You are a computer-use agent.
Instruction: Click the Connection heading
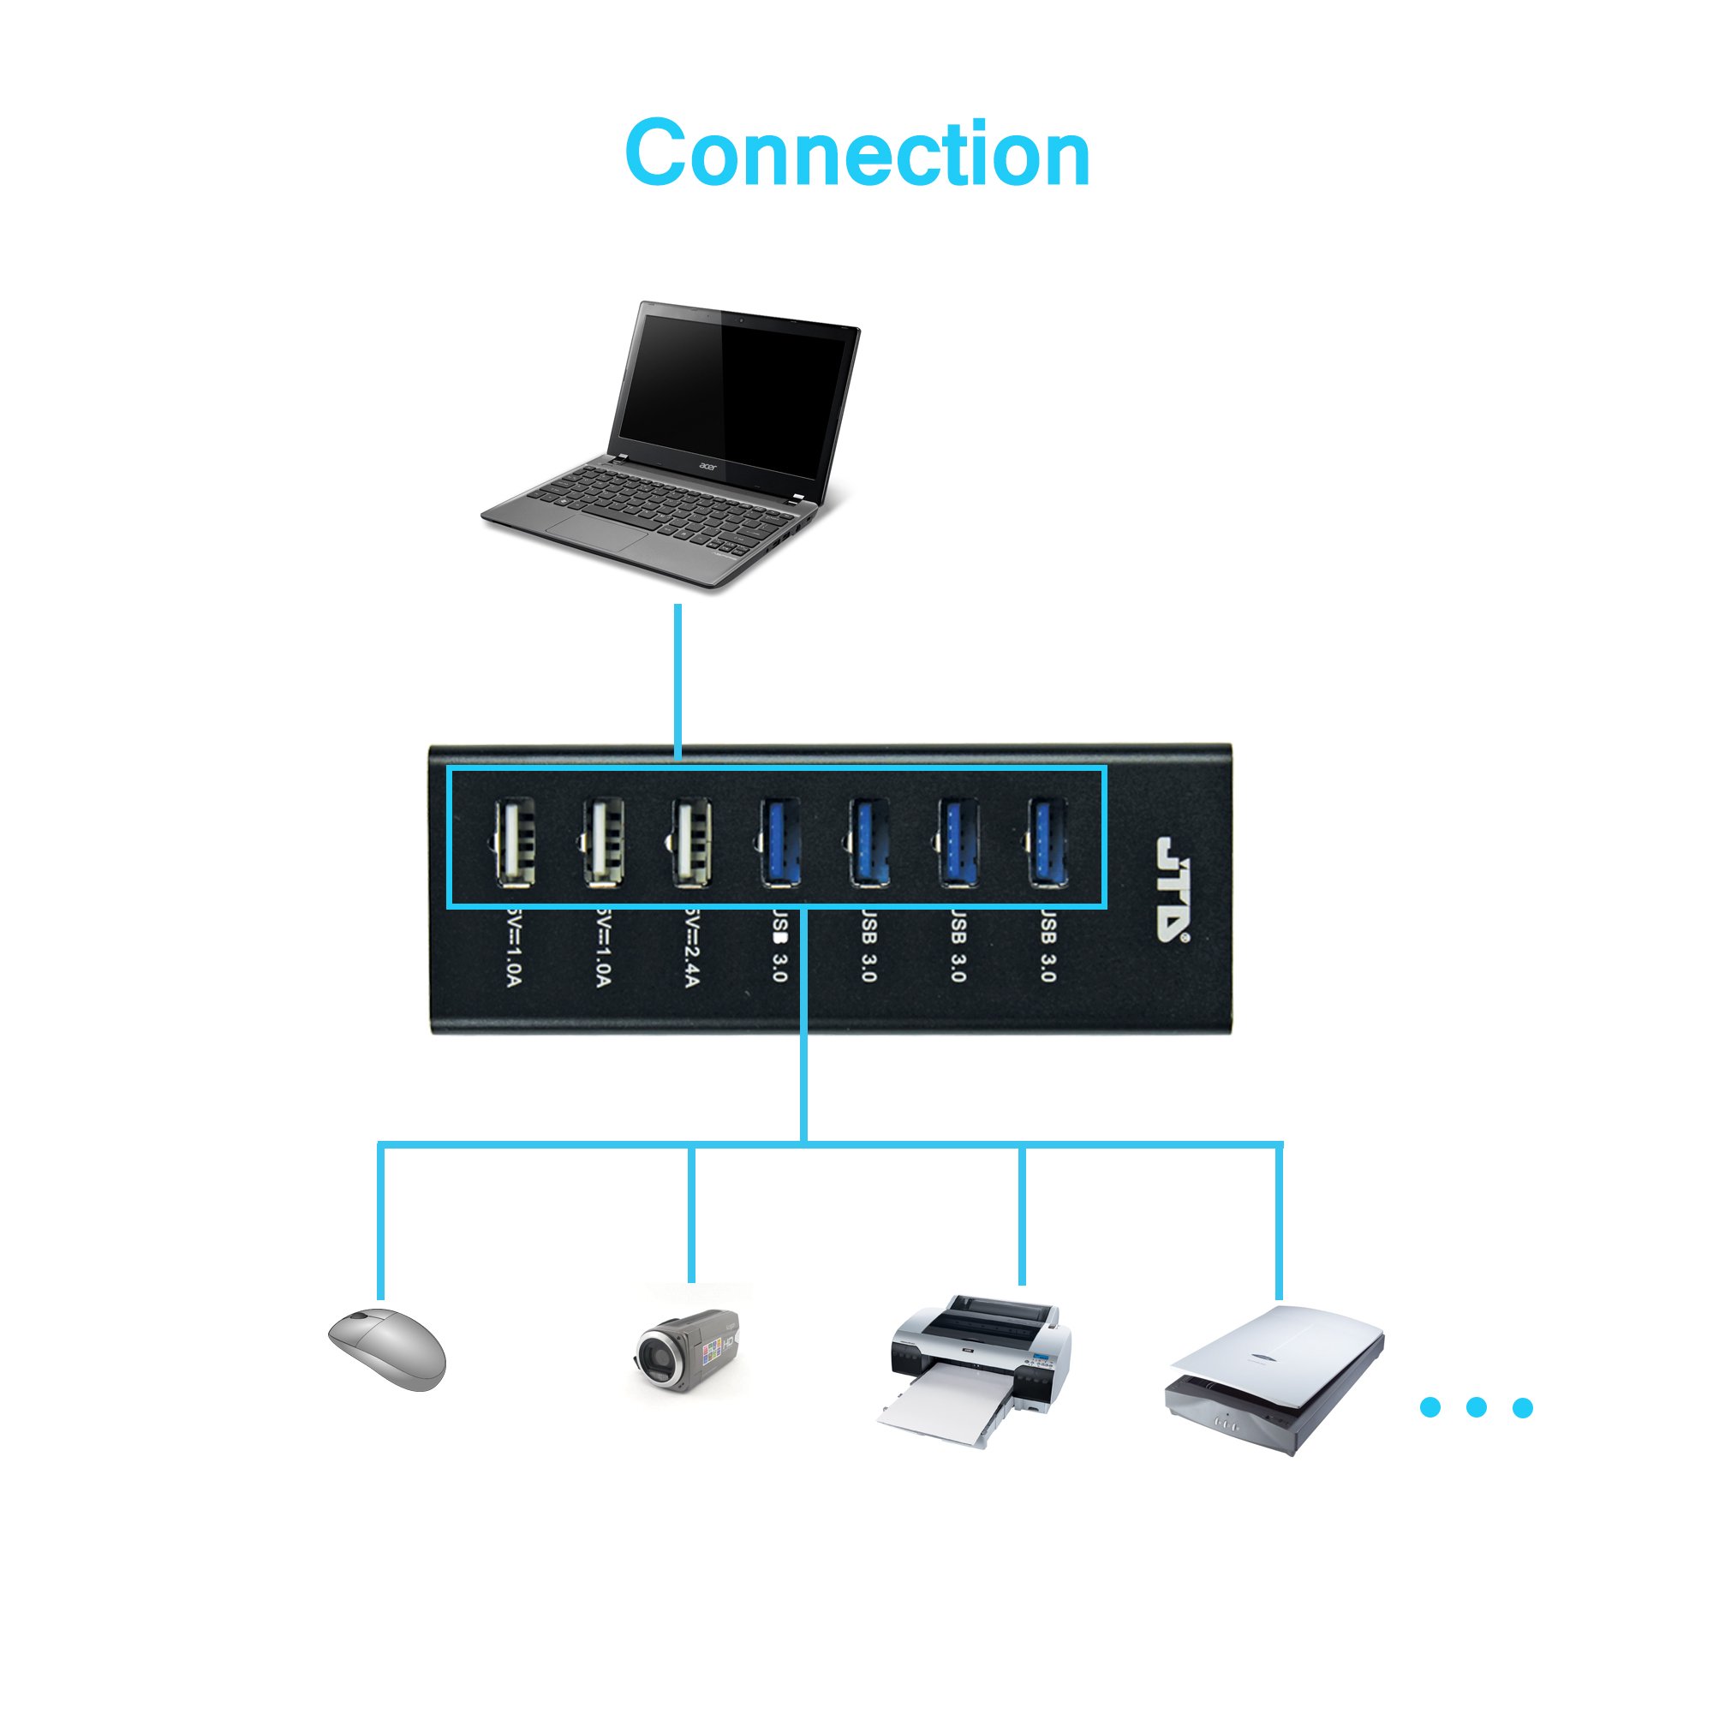click(x=856, y=154)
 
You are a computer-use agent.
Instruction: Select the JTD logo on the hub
click(x=1173, y=887)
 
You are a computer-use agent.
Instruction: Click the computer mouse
click(x=387, y=1350)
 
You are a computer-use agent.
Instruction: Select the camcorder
click(x=687, y=1352)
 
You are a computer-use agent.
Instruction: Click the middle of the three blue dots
click(x=1477, y=1407)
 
